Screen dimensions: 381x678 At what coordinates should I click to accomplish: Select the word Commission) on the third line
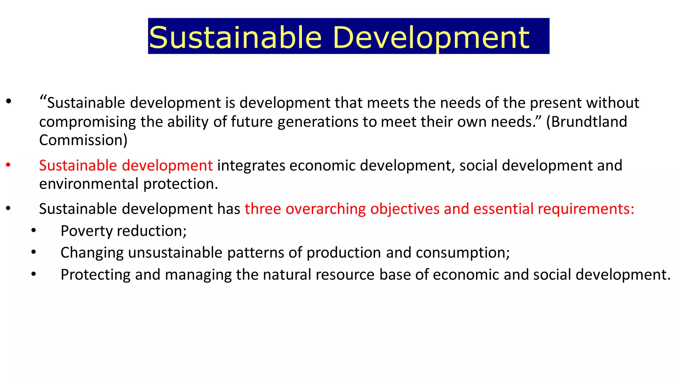pyautogui.click(x=83, y=140)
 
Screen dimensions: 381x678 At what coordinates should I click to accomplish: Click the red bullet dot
pyautogui.click(x=9, y=165)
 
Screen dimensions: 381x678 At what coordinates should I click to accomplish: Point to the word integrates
pyautogui.click(x=251, y=165)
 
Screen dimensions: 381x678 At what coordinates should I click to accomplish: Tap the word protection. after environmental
pyautogui.click(x=181, y=184)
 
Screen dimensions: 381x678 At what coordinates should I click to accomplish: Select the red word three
pyautogui.click(x=263, y=209)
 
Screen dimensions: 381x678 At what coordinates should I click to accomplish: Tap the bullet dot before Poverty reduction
pyautogui.click(x=33, y=231)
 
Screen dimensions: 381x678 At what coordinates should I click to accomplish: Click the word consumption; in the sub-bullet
pyautogui.click(x=463, y=253)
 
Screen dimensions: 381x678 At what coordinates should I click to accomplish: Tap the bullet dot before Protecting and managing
pyautogui.click(x=33, y=275)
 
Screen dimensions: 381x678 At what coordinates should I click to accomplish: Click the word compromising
pyautogui.click(x=87, y=122)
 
